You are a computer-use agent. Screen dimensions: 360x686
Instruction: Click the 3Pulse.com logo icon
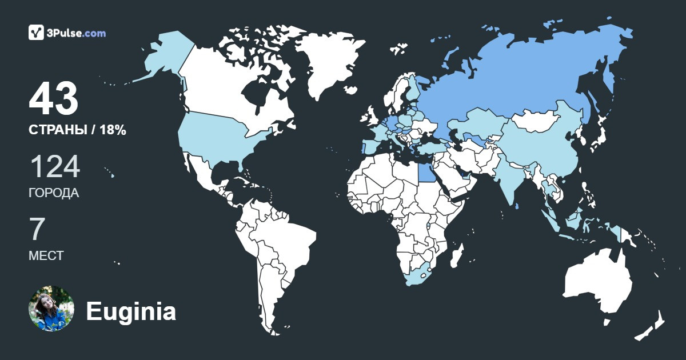tap(36, 33)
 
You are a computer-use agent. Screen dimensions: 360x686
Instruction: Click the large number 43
tap(53, 99)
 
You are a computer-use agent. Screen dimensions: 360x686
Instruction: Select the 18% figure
tap(113, 130)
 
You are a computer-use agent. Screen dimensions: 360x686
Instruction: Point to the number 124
tap(54, 167)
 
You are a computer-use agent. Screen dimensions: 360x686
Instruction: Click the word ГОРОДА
tap(54, 193)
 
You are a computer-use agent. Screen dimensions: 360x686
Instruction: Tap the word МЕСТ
tap(46, 255)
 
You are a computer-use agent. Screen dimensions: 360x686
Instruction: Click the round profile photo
tap(51, 309)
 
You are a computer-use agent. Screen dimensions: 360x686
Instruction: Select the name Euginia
tap(131, 312)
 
